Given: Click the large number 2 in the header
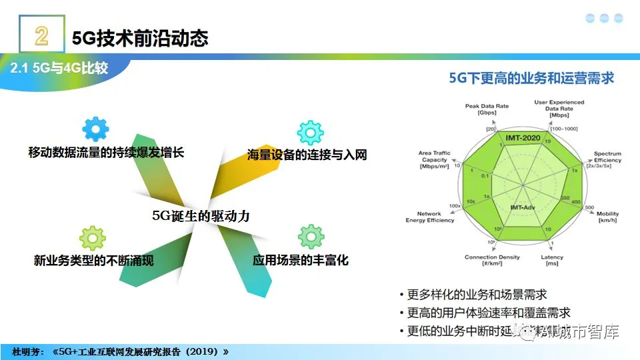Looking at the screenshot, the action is pos(41,35).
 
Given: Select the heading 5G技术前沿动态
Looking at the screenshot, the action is pos(140,37).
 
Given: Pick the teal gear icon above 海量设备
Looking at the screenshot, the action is pos(309,133).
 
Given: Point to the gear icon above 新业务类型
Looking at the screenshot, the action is pos(92,239).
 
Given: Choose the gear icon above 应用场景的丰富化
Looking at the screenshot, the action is pos(311,237).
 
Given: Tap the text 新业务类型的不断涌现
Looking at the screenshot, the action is pos(93,260).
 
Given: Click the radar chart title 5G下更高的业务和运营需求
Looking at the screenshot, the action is pos(531,78).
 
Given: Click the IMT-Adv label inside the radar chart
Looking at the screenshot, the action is pos(523,207).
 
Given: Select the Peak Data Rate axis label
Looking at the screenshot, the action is pos(487,109).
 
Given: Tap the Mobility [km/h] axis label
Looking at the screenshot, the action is pos(607,216).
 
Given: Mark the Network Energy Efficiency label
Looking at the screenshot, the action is pos(430,217).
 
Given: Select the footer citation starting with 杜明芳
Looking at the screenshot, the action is pos(120,351).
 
